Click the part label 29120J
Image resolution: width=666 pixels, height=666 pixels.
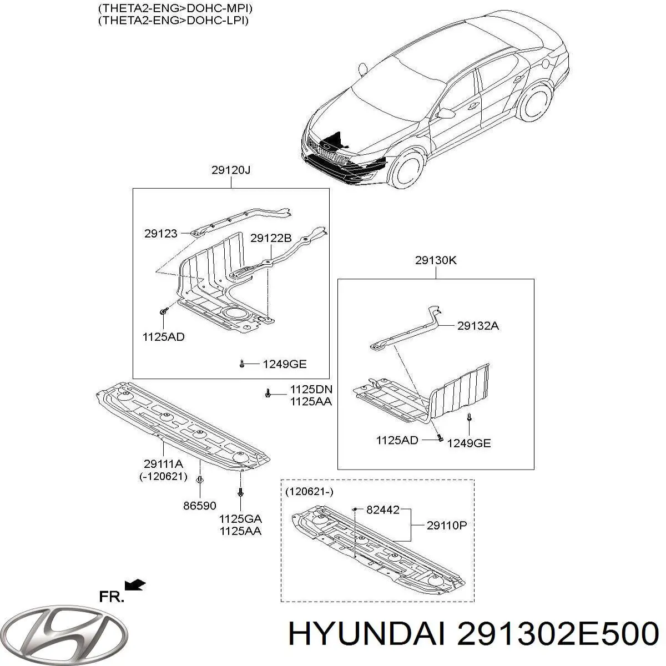pyautogui.click(x=231, y=170)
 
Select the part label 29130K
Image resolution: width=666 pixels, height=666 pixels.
pyautogui.click(x=436, y=260)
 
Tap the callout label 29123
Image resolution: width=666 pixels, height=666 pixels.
pyautogui.click(x=161, y=234)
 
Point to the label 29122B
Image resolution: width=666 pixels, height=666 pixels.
pyautogui.click(x=271, y=238)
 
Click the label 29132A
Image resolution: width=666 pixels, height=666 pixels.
pyautogui.click(x=478, y=326)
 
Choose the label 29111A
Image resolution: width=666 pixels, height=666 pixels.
pyautogui.click(x=163, y=464)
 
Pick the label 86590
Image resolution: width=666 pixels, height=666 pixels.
pyautogui.click(x=199, y=506)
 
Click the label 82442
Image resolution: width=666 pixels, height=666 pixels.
pyautogui.click(x=383, y=509)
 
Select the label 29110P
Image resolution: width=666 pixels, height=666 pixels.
pyautogui.click(x=447, y=526)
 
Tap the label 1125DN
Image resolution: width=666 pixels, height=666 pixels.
pyautogui.click(x=311, y=390)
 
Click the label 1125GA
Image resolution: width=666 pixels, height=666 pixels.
pyautogui.click(x=240, y=519)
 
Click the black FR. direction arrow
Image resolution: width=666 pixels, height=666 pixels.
pyautogui.click(x=135, y=584)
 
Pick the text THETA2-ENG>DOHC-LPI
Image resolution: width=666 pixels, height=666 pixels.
pyautogui.click(x=173, y=21)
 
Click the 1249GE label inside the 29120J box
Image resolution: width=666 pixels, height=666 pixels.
pyautogui.click(x=285, y=364)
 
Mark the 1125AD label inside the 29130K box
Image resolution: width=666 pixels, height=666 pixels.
pyautogui.click(x=397, y=440)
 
